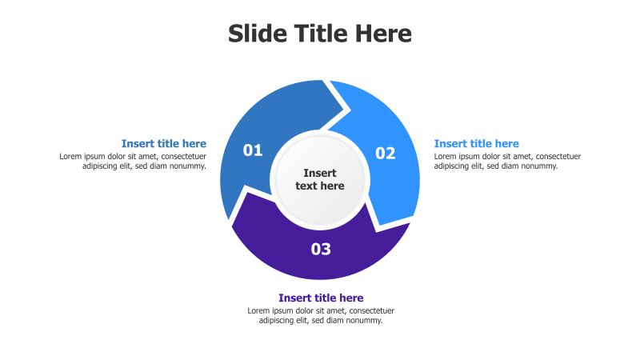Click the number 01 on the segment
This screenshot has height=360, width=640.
(x=253, y=150)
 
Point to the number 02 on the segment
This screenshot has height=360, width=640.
(x=386, y=153)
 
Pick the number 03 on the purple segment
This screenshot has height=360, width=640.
(x=321, y=249)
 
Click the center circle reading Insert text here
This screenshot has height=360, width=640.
(x=320, y=179)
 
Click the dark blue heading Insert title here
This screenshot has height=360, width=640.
(x=164, y=144)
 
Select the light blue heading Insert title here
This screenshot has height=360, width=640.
(x=477, y=144)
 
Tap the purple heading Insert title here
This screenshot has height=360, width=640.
(x=321, y=298)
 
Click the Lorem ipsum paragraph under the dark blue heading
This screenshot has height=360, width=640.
(x=134, y=161)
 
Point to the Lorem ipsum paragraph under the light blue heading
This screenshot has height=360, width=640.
(x=507, y=161)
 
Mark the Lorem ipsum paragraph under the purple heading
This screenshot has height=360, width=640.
(x=321, y=315)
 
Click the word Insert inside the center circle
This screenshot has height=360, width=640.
(x=320, y=173)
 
